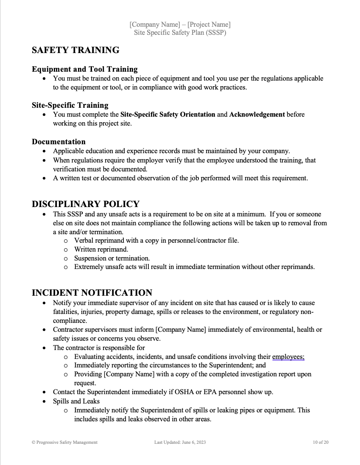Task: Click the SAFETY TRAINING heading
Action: coord(75,50)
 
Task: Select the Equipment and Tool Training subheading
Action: coord(85,69)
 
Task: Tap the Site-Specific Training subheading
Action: coord(70,105)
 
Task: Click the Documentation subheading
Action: coord(59,142)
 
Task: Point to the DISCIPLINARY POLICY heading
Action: coord(86,204)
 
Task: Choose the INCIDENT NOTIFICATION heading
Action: coord(92,293)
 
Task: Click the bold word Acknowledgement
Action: coord(257,115)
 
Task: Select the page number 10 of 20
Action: coord(320,442)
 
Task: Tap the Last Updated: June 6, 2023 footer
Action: coord(180,442)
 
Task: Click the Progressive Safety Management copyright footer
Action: coord(64,442)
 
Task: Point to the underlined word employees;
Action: coord(288,357)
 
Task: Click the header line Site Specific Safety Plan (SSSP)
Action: coord(180,33)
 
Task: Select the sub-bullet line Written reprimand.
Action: coord(101,249)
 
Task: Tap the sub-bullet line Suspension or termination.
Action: coord(112,258)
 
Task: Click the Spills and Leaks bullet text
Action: coord(76,401)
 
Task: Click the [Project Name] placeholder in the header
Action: coord(209,25)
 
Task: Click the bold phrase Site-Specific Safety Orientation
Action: coord(168,115)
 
